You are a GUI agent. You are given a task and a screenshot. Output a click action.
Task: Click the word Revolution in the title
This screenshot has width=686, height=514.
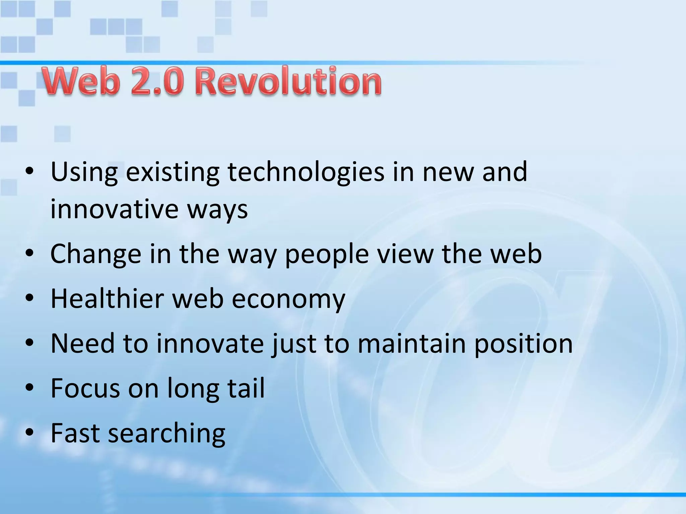click(288, 81)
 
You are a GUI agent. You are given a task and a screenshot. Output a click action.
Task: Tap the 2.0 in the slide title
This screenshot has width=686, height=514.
click(157, 81)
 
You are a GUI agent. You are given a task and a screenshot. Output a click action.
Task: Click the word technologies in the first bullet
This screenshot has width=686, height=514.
click(306, 172)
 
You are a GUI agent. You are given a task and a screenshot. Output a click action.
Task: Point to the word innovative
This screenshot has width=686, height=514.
click(114, 209)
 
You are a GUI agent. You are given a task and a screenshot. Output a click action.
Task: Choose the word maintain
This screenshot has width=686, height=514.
click(412, 343)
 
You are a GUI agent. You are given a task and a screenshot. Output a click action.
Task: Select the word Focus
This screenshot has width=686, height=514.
click(85, 388)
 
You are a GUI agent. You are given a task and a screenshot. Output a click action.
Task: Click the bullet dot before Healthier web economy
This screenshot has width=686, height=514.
click(30, 298)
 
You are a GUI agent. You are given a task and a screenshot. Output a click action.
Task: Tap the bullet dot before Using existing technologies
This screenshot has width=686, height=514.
click(30, 172)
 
